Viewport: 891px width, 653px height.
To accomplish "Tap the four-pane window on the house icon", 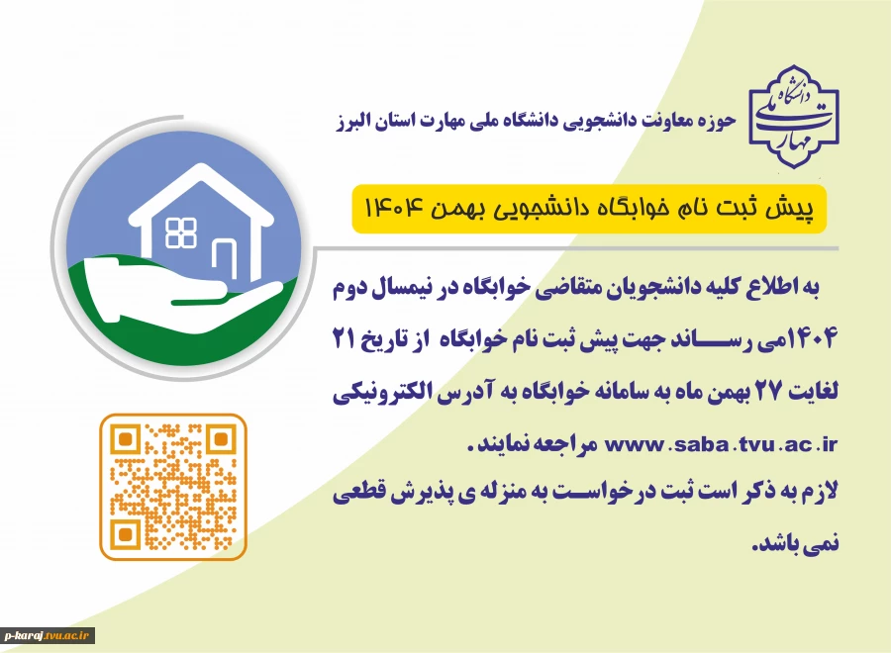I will click(x=181, y=233).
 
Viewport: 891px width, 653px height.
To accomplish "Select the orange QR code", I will click(x=173, y=487).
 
